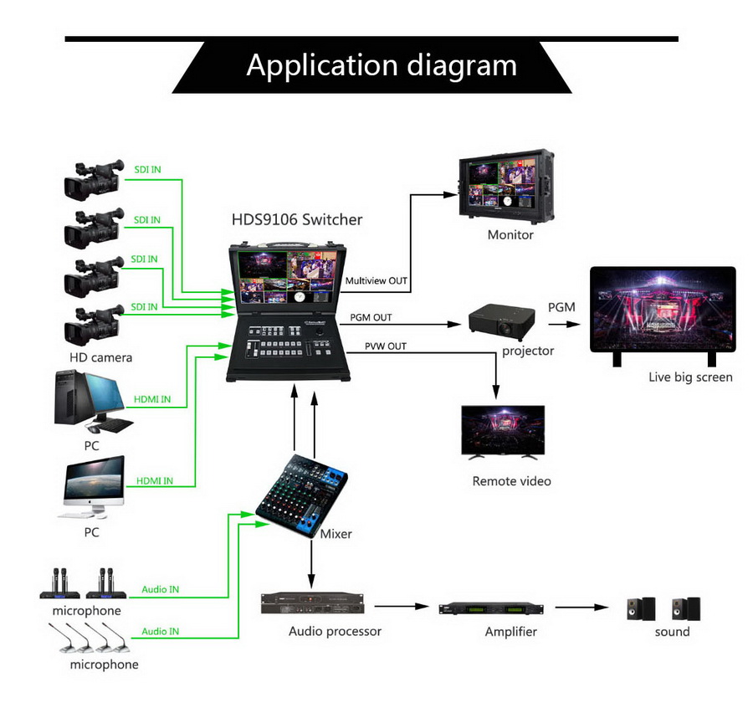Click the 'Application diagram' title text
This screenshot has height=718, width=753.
tap(381, 65)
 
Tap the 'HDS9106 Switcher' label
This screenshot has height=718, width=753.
tap(297, 220)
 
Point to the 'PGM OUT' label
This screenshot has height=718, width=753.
tap(371, 318)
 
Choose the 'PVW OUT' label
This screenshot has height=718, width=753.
tap(386, 346)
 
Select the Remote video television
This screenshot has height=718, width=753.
tap(503, 431)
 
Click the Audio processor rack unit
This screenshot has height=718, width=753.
tap(313, 604)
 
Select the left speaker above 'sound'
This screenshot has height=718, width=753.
tap(642, 608)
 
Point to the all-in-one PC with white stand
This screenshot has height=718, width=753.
tap(92, 488)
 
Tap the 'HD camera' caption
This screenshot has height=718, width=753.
tap(101, 357)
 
